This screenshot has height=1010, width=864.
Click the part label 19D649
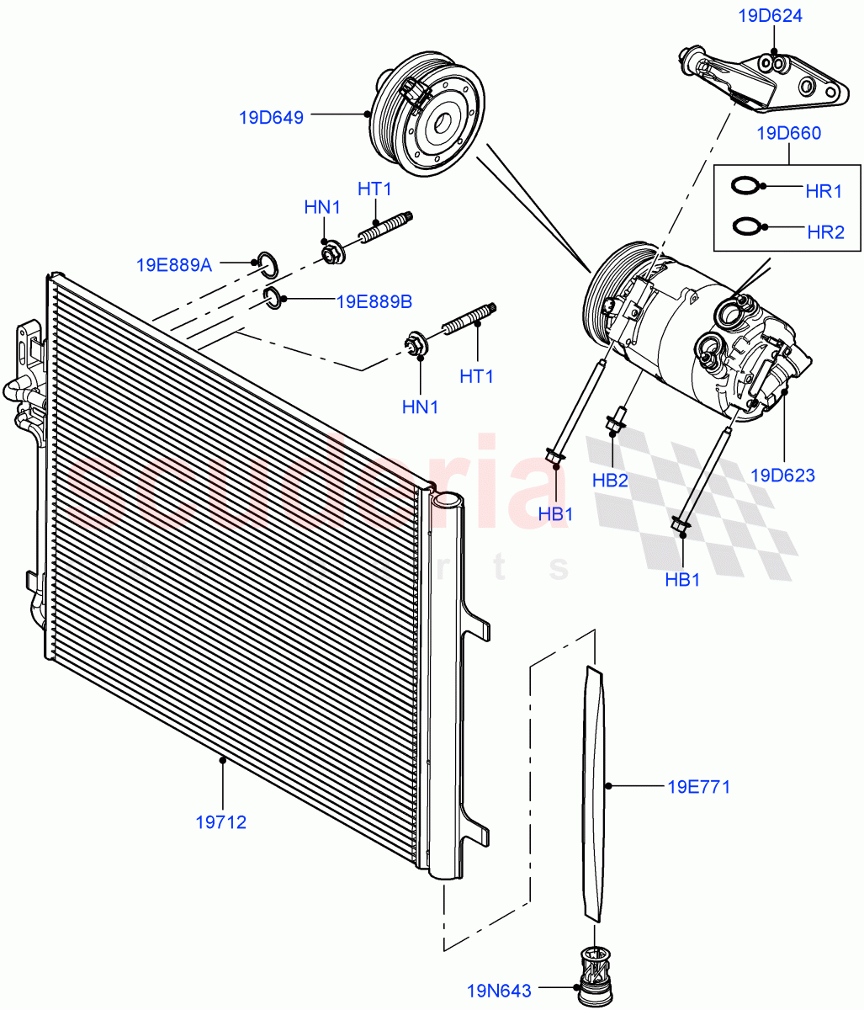271,117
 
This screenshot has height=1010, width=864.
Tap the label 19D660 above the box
788,133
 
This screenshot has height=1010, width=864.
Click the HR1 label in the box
824,191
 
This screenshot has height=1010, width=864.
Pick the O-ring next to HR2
745,226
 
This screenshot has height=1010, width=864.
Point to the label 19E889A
174,264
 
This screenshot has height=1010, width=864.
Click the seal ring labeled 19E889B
273,296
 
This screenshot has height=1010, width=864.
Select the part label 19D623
782,475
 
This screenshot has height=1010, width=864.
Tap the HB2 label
610,481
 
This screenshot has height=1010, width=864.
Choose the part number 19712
221,821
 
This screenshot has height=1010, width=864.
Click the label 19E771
698,787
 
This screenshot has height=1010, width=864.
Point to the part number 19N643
500,991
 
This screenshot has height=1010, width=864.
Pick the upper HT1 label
374,189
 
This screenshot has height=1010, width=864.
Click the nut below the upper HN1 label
331,252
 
